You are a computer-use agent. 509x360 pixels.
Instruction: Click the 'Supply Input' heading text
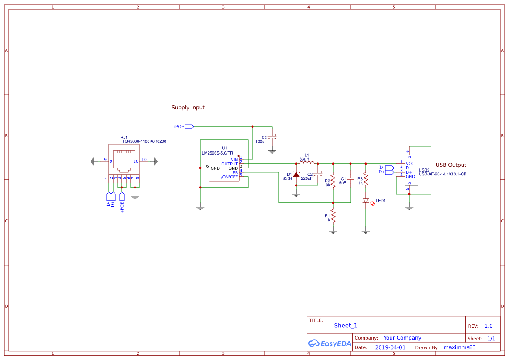point(188,108)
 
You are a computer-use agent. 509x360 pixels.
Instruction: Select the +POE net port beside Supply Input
point(189,127)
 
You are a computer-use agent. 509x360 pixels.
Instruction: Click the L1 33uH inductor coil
point(307,163)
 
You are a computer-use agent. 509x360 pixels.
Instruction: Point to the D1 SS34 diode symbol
point(296,175)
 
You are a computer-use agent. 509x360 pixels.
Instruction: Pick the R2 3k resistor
point(333,180)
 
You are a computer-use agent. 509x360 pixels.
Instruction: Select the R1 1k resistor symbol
point(333,215)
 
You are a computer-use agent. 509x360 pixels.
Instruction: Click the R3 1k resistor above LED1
point(366,178)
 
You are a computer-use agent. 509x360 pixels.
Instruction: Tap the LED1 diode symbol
point(366,201)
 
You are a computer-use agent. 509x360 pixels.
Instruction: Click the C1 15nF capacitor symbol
point(351,178)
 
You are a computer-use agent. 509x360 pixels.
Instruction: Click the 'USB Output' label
point(451,165)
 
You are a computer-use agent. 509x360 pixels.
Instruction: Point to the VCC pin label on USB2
point(410,163)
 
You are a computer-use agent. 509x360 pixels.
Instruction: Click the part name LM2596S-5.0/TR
point(217,153)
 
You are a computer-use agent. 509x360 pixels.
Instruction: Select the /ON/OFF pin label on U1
point(229,177)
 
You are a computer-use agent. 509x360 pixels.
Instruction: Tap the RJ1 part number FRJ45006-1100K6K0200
point(143,141)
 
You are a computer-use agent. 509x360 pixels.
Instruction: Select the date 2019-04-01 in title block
point(390,347)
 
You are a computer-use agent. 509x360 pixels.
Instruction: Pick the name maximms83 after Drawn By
point(459,347)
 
